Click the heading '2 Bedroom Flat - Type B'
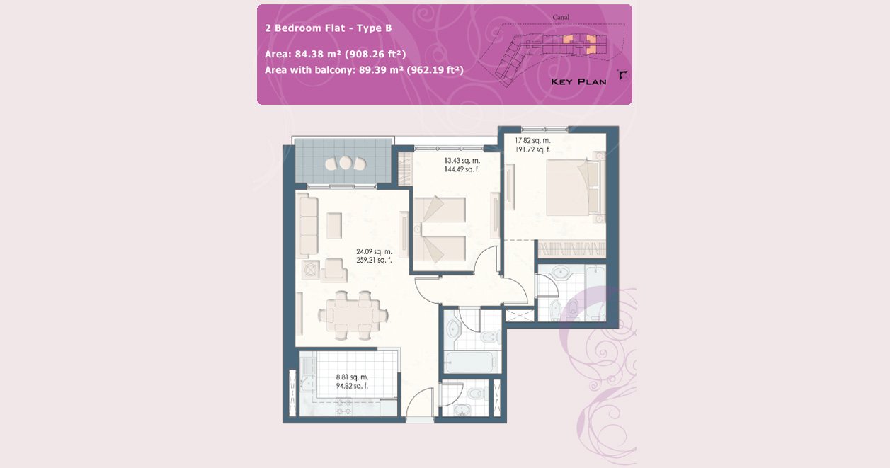pyautogui.click(x=329, y=28)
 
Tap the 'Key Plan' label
pyautogui.click(x=578, y=82)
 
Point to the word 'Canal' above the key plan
pyautogui.click(x=561, y=17)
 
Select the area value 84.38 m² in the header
pyautogui.click(x=318, y=54)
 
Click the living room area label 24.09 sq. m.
pyautogui.click(x=374, y=251)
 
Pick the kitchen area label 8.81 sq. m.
pyautogui.click(x=352, y=377)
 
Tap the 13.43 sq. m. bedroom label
pyautogui.click(x=462, y=161)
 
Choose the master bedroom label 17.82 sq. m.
pyautogui.click(x=532, y=141)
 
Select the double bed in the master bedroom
pyautogui.click(x=576, y=188)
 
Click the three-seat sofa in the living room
pyautogui.click(x=309, y=225)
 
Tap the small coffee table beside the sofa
pyautogui.click(x=334, y=226)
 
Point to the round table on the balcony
pyautogui.click(x=346, y=162)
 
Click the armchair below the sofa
pyautogui.click(x=333, y=270)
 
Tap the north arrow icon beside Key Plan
pyautogui.click(x=623, y=74)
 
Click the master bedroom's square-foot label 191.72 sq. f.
pyautogui.click(x=532, y=150)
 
